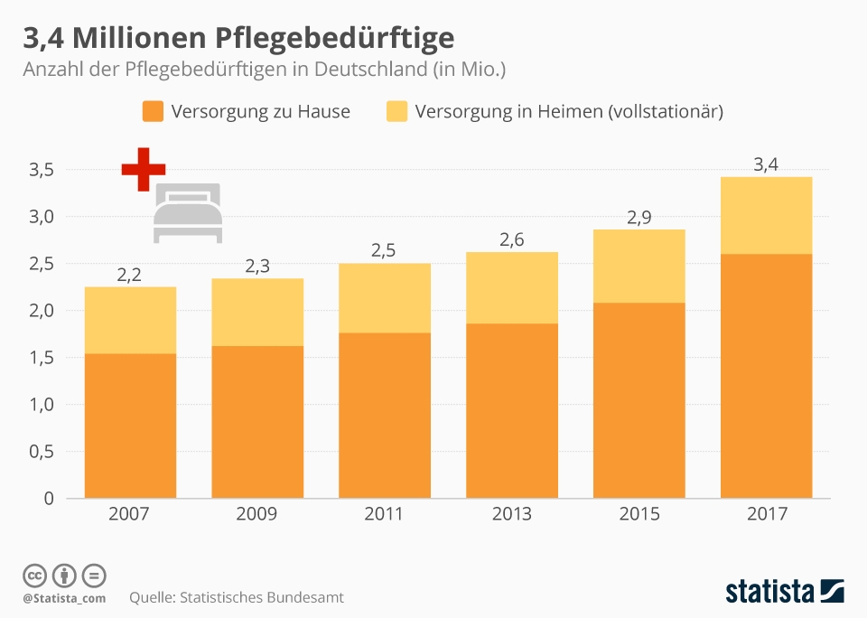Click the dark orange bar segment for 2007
(x=130, y=425)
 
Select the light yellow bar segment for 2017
(x=766, y=215)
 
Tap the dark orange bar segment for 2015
(x=639, y=399)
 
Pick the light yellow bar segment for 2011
(x=384, y=298)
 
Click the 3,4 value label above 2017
(x=766, y=164)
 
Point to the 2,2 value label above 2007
(x=130, y=275)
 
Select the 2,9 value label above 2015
(x=639, y=217)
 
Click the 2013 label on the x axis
(x=511, y=514)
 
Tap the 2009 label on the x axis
(x=256, y=514)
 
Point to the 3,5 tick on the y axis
(x=42, y=170)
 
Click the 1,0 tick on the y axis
(x=42, y=405)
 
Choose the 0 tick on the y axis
(x=48, y=499)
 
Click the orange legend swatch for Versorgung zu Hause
(x=153, y=112)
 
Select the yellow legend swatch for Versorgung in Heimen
(x=396, y=112)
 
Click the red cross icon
(x=144, y=169)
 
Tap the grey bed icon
(x=187, y=213)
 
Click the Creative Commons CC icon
(x=34, y=575)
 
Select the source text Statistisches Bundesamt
(x=262, y=597)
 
